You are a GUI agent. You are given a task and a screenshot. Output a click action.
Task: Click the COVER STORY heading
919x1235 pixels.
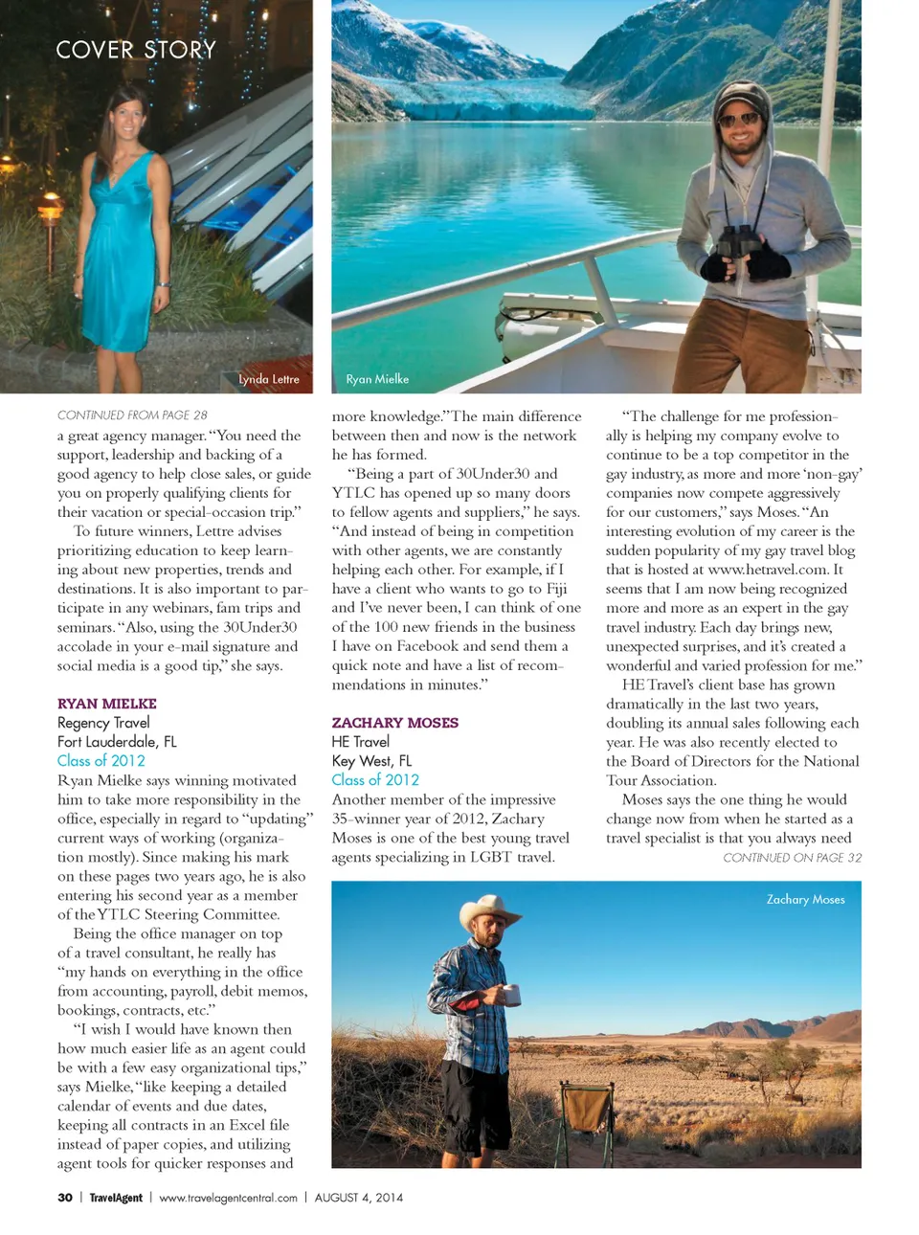pos(136,50)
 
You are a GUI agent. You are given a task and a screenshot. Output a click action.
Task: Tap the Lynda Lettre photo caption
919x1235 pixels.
pos(269,379)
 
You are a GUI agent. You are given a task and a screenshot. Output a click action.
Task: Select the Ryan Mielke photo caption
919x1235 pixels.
pos(377,379)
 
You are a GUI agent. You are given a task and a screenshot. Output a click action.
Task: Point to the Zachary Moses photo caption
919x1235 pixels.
pos(805,899)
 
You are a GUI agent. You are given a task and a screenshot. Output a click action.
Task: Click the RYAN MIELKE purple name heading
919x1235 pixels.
pos(106,704)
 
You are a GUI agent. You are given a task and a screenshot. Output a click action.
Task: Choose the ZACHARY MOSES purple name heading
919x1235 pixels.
pos(394,723)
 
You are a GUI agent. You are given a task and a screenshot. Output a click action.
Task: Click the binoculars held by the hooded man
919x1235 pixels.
pos(738,244)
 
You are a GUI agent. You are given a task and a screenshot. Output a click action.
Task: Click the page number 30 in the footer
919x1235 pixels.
pos(65,1198)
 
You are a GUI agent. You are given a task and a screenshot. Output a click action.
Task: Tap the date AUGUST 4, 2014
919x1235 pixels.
pos(359,1198)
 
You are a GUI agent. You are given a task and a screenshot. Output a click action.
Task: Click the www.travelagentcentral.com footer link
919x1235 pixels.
pos(228,1198)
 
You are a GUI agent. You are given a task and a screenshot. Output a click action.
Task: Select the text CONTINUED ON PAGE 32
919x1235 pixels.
pos(792,858)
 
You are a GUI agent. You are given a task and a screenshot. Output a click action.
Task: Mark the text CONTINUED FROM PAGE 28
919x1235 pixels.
pos(132,415)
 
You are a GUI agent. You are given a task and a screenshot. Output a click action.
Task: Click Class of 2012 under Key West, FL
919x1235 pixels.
pos(375,780)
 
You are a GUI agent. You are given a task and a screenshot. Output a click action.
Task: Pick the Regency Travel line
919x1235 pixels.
pos(103,723)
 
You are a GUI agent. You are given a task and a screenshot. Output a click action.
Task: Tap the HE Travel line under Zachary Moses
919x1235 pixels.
pos(361,742)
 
